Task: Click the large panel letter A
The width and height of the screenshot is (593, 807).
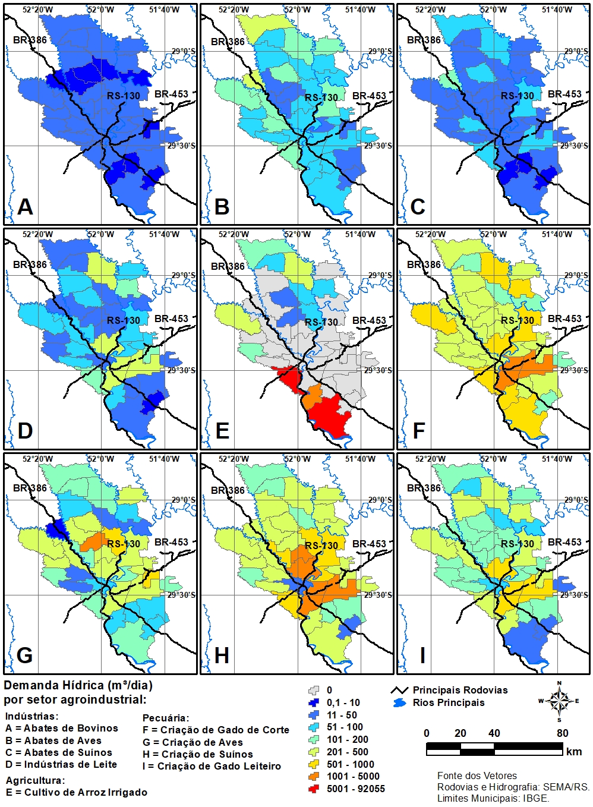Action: [25, 206]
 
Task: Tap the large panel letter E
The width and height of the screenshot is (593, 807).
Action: [222, 430]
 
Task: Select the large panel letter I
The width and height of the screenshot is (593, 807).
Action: [422, 655]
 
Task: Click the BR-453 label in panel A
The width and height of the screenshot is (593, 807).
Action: [172, 94]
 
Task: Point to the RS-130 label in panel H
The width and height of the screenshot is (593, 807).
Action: [321, 546]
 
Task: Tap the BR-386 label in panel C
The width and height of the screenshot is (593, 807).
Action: [424, 40]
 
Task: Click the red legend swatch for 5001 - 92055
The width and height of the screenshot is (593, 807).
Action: [315, 789]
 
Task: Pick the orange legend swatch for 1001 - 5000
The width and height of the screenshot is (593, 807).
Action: [315, 776]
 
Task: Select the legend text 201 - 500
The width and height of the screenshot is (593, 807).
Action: [348, 752]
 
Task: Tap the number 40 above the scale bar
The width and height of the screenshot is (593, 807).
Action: [494, 733]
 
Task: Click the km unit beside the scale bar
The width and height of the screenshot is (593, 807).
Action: [574, 752]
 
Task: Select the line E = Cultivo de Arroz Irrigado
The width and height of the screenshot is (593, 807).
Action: [77, 792]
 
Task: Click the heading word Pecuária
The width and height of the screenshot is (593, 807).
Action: [166, 718]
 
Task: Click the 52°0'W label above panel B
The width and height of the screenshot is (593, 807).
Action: [298, 10]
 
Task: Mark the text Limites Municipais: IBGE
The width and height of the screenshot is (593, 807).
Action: [493, 798]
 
